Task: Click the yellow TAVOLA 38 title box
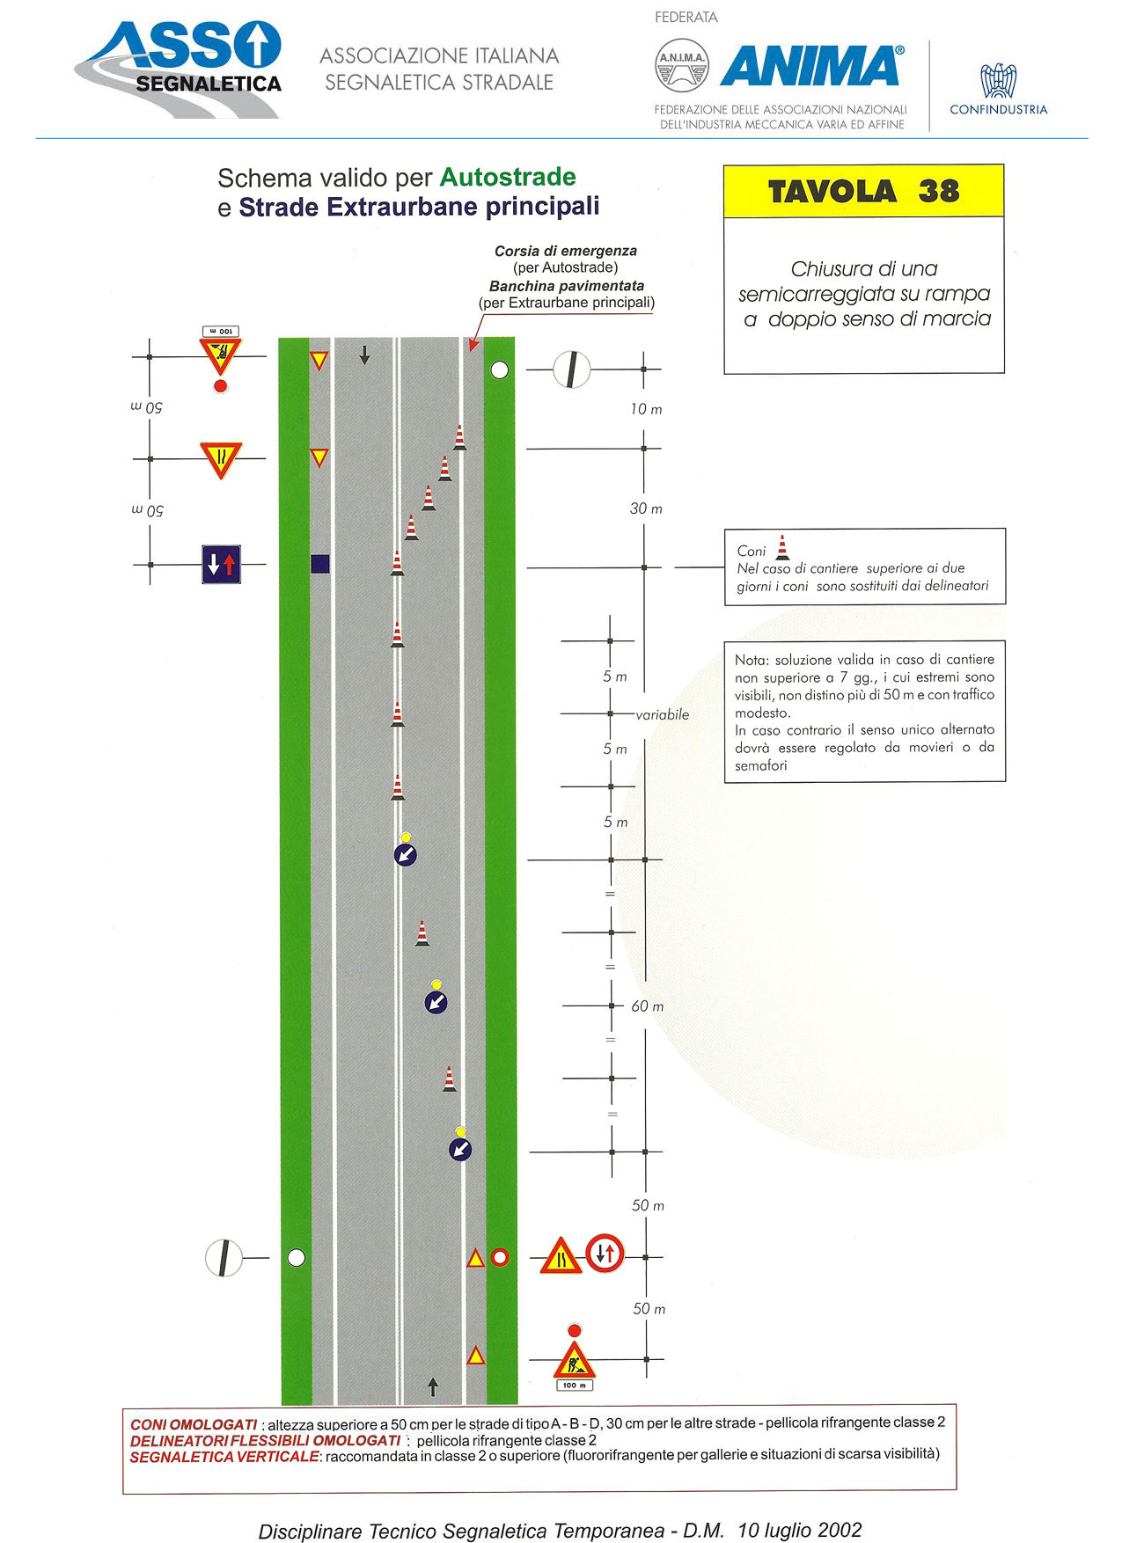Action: point(863,191)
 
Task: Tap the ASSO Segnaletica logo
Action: point(179,69)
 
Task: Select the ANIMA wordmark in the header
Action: point(811,66)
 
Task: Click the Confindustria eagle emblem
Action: point(999,80)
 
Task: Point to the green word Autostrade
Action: point(508,177)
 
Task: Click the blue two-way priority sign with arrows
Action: point(221,565)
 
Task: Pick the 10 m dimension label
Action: point(646,409)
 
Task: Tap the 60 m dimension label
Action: point(648,1006)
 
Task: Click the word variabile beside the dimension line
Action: point(663,714)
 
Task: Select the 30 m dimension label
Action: point(646,508)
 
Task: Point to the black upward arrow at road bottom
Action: point(433,1387)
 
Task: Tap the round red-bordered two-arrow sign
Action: point(605,1254)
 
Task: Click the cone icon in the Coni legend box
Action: point(782,547)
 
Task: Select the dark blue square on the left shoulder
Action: point(320,564)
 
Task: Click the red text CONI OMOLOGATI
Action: point(194,1424)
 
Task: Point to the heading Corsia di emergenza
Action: point(566,251)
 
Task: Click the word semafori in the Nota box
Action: point(761,765)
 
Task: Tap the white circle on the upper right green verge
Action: point(500,370)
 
